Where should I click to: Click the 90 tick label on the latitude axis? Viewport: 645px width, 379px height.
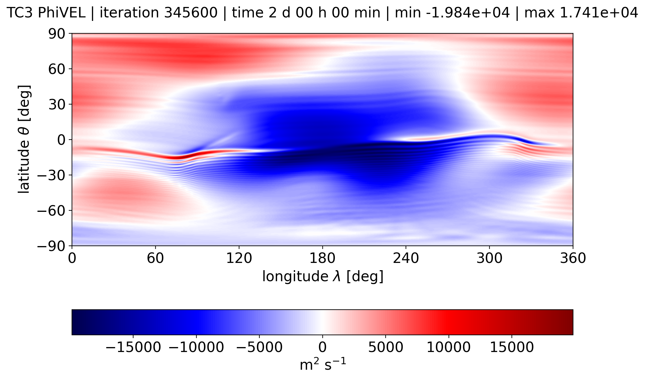click(56, 34)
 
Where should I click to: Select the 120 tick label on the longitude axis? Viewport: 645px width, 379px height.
click(239, 258)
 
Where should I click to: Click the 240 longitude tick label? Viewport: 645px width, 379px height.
click(406, 258)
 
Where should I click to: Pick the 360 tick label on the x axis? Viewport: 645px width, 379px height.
click(573, 258)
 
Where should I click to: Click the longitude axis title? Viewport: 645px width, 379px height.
click(323, 277)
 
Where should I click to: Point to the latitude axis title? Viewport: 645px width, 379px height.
click(24, 139)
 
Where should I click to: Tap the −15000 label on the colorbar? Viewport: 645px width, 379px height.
click(133, 347)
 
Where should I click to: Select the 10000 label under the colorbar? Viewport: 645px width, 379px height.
click(449, 347)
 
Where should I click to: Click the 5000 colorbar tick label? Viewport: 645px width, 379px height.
click(386, 347)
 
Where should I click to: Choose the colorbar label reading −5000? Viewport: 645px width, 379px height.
click(259, 347)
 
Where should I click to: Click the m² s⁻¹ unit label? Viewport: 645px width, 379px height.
click(323, 364)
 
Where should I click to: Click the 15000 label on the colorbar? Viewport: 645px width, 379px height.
click(512, 347)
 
